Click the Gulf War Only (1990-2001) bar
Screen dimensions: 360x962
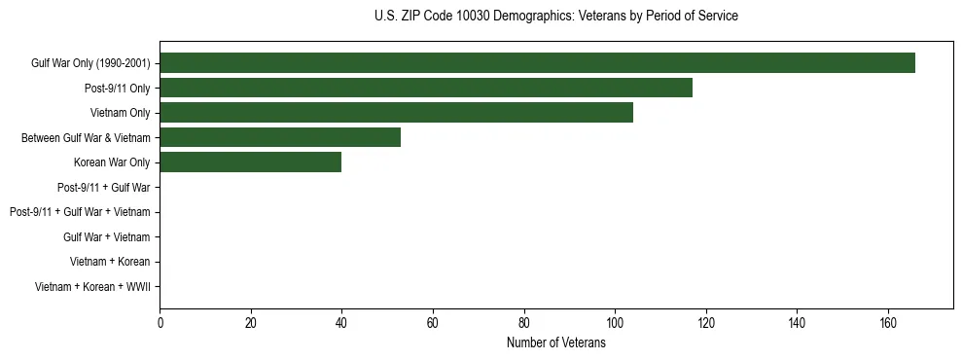tap(537, 63)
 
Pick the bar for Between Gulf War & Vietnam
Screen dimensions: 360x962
tap(280, 137)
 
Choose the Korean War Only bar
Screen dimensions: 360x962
tap(250, 162)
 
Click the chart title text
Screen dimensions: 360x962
tap(555, 17)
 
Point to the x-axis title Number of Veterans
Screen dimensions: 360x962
tap(555, 342)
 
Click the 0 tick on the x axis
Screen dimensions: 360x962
tap(160, 323)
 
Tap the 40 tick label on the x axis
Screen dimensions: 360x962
tap(341, 323)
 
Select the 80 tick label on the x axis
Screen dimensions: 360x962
tap(524, 323)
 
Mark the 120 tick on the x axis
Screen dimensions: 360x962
tap(706, 323)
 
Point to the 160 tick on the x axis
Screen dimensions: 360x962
tap(888, 323)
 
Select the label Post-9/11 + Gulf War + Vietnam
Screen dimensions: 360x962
tap(80, 212)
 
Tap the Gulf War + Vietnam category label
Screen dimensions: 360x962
tap(107, 236)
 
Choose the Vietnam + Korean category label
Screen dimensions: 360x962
tap(110, 262)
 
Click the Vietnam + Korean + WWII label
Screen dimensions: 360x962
tap(92, 286)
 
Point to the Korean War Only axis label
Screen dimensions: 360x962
tap(112, 162)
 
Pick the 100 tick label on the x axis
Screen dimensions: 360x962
tap(615, 323)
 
